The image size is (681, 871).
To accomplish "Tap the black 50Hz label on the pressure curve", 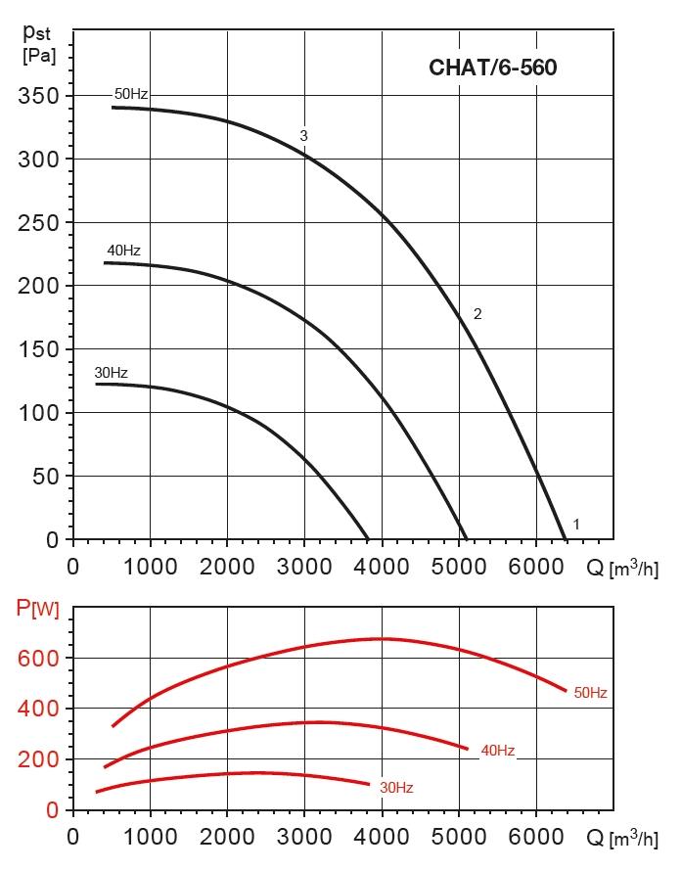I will pos(131,94).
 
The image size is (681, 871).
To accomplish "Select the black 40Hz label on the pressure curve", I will pos(123,251).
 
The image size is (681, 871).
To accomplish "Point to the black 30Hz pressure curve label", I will pos(111,373).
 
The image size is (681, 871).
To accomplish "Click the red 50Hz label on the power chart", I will pos(590,693).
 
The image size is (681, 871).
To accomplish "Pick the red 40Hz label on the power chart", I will pos(497,751).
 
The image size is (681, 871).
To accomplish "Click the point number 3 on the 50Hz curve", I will pos(304,136).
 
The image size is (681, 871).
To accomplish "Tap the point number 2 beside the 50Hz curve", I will pos(477,314).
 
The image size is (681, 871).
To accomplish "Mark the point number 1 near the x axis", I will pos(576,525).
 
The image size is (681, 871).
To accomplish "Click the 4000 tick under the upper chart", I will pos(381,567).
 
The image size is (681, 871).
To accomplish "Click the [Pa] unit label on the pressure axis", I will pos(39,56).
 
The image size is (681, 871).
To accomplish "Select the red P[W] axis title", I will pos(38,610).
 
